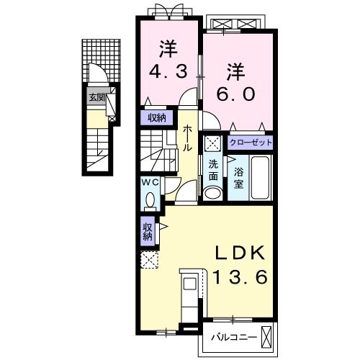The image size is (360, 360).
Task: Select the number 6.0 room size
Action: [x=238, y=95]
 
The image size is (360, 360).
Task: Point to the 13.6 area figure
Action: [x=241, y=276]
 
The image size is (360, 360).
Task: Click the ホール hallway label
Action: [x=187, y=138]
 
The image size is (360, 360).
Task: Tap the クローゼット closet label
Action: [x=251, y=142]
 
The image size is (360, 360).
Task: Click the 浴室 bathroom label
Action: [x=238, y=178]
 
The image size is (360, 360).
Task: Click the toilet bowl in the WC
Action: [x=150, y=197]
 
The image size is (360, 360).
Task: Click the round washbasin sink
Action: [x=213, y=193]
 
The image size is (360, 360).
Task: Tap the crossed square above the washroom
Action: [x=213, y=143]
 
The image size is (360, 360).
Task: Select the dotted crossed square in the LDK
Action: [x=149, y=260]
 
